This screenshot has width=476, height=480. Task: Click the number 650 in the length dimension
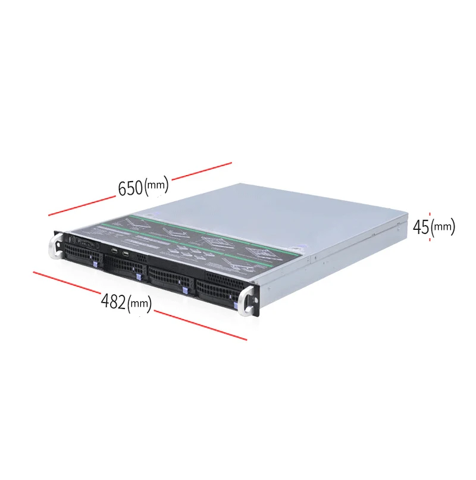point(130,188)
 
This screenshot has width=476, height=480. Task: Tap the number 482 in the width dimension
point(113,301)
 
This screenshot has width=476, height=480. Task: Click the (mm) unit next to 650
point(156,185)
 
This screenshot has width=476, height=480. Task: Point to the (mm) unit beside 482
point(139,304)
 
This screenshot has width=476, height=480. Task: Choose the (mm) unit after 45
point(443,227)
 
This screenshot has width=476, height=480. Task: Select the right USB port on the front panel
point(126,254)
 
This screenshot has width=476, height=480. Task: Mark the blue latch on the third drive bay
point(185,290)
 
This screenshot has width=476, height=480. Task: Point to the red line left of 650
point(81,203)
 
